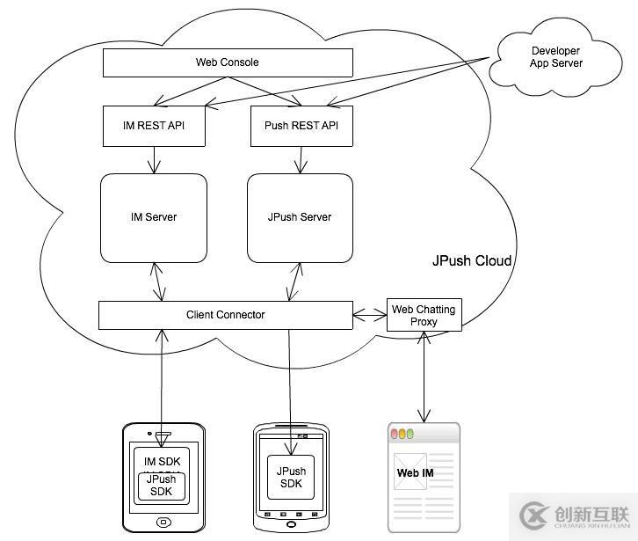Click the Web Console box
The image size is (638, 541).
(228, 62)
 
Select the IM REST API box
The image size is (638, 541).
(155, 126)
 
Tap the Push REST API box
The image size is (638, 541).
(301, 126)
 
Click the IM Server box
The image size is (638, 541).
(154, 217)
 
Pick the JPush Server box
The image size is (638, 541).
(300, 217)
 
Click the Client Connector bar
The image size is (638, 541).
(225, 315)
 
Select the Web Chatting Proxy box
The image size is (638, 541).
(424, 316)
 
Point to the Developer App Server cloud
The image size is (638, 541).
(555, 57)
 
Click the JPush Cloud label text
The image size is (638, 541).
(472, 261)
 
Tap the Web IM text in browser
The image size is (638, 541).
(415, 473)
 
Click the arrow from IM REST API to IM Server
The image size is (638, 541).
(155, 159)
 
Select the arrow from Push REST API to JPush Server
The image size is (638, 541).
(301, 159)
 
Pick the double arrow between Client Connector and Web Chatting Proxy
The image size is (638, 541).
(370, 313)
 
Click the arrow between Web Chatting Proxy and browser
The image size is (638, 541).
(425, 377)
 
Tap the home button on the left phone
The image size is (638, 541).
(163, 523)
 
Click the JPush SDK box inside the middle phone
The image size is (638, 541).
(291, 478)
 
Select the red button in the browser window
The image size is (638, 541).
(396, 434)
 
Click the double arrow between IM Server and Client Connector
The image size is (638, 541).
(159, 281)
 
